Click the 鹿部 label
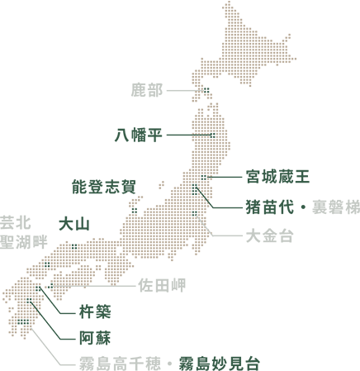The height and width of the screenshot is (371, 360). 148,90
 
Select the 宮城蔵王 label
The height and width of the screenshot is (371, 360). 277,176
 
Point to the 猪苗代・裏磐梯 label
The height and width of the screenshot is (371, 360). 301,205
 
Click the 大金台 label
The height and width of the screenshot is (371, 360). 270,236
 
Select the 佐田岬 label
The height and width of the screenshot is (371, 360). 162,286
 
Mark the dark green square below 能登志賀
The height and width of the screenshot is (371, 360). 134,210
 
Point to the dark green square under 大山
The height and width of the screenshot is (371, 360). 73,245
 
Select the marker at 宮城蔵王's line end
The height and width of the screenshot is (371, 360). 205,177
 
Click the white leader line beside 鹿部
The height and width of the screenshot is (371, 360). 186,90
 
